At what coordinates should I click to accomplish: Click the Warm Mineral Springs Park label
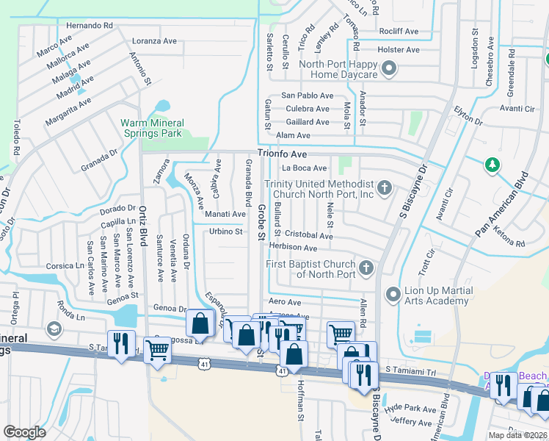(x=152, y=129)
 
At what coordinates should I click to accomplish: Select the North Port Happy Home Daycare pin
(x=390, y=69)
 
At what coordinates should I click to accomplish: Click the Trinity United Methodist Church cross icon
(x=384, y=188)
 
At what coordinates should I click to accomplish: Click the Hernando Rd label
(x=89, y=25)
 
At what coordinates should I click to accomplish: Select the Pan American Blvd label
(x=502, y=205)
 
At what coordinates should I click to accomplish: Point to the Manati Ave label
(x=225, y=214)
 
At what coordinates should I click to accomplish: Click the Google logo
(x=25, y=432)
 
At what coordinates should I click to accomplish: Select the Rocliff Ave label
(x=399, y=32)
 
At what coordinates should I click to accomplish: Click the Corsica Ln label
(x=65, y=265)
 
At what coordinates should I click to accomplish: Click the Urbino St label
(x=226, y=232)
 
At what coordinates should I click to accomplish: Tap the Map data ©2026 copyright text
(x=517, y=435)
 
